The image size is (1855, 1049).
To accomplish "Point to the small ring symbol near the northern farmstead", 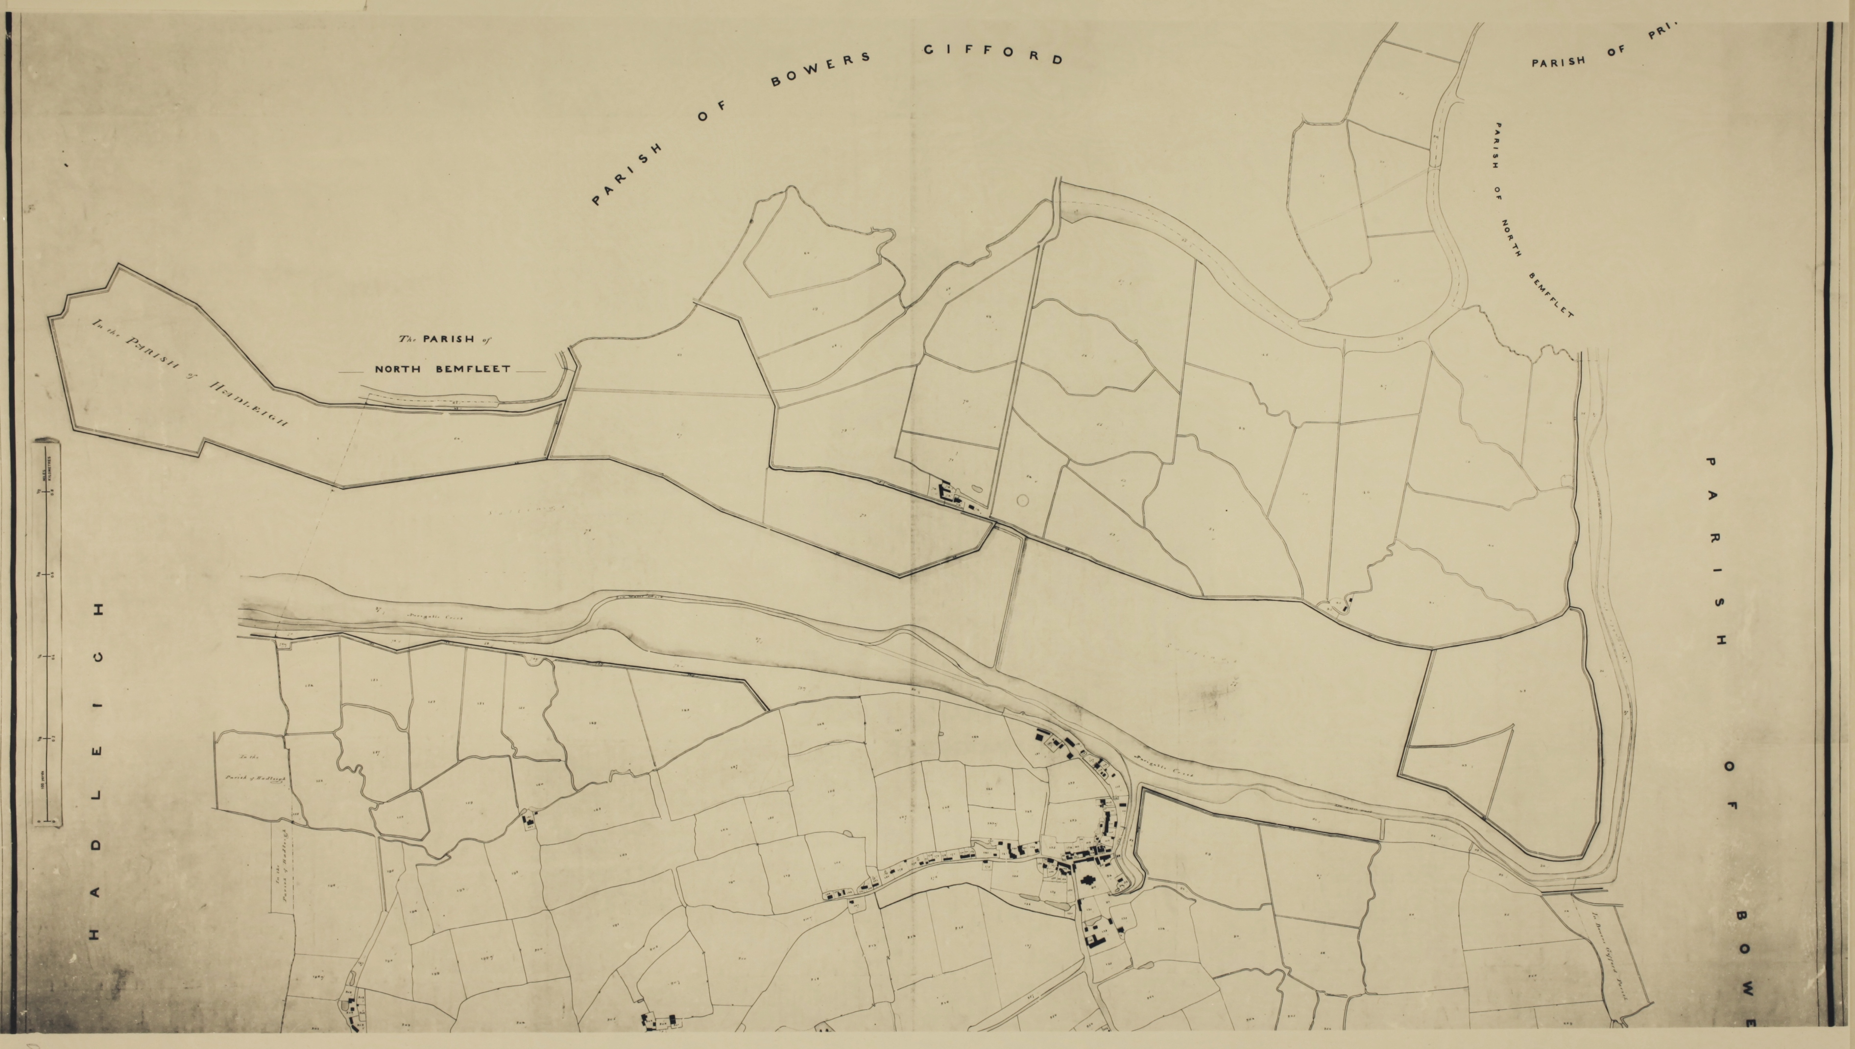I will click(1022, 499).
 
